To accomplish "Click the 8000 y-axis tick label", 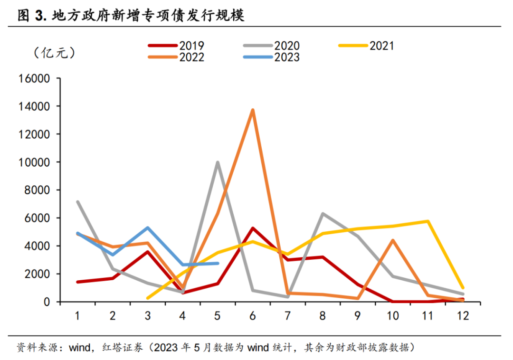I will (36, 190).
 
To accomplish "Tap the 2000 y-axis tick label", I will (36, 274).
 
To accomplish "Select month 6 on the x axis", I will (253, 316).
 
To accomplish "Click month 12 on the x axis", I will (463, 316).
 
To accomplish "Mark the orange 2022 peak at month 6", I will (253, 110).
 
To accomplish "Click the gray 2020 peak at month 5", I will (218, 162).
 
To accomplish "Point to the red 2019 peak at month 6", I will (253, 228).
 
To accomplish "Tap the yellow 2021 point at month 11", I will (428, 221).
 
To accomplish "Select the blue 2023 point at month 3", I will (148, 228).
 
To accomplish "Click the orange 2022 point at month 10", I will (393, 240).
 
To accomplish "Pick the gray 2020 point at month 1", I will (77, 202).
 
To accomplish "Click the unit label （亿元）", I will (54, 53).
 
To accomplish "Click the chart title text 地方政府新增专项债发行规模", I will (147, 16).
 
